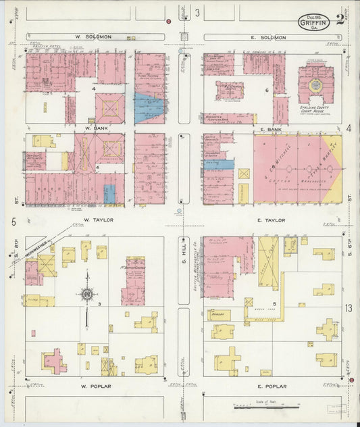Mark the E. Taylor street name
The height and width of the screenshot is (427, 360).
click(x=272, y=220)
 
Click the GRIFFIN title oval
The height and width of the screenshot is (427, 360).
click(x=315, y=22)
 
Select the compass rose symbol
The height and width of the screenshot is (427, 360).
click(x=87, y=294)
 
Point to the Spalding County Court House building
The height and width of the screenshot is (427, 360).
click(x=314, y=85)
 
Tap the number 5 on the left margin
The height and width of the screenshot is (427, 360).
click(x=13, y=222)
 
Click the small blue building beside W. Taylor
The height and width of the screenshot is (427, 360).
click(x=109, y=194)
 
